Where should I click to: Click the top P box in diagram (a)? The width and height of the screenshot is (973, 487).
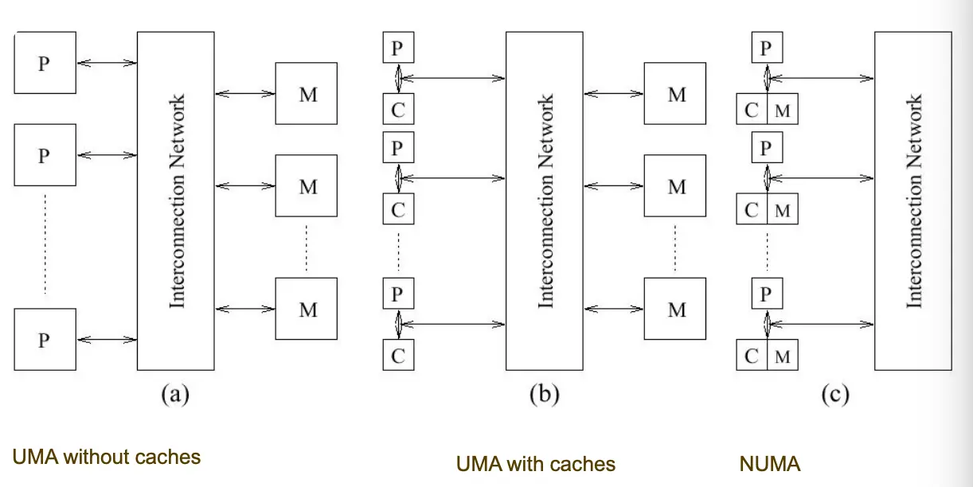45,62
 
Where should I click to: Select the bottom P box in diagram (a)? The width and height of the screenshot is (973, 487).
45,339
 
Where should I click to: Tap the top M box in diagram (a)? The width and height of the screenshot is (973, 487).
307,93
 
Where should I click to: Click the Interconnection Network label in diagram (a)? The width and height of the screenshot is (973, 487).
178,201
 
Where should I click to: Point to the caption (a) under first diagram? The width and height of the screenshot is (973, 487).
175,394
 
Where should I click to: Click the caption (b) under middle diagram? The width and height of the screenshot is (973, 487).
544,394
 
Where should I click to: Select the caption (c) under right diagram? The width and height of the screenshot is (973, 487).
834,394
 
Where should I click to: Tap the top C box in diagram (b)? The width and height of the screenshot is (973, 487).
398,109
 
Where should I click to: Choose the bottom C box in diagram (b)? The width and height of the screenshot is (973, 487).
398,356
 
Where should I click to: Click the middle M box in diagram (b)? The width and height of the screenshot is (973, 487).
675,185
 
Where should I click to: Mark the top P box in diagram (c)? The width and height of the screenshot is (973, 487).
766,48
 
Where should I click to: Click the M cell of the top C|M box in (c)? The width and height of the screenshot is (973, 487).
783,110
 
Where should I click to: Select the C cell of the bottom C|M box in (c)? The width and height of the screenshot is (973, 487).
752,356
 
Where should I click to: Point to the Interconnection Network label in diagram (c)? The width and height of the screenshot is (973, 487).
914,201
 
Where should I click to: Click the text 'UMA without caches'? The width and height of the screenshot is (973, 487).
106,457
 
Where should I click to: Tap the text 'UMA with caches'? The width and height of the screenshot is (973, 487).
535,463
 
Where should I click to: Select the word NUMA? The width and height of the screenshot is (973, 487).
769,463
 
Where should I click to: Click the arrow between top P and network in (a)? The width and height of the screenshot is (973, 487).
107,62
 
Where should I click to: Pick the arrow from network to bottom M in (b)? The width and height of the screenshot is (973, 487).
614,308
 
